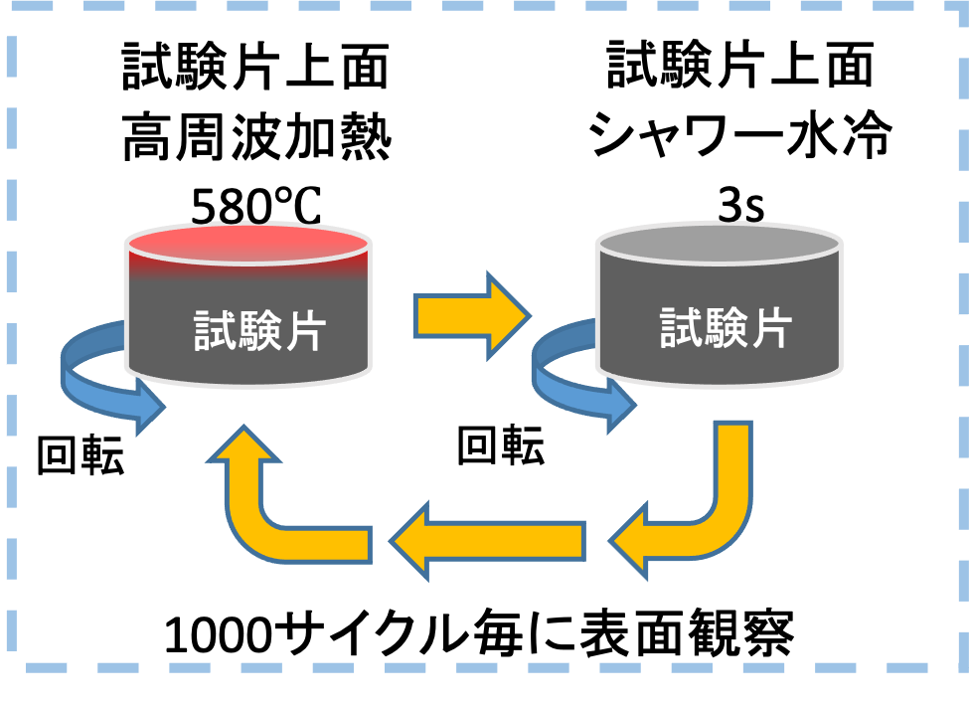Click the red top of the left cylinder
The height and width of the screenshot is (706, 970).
click(x=247, y=243)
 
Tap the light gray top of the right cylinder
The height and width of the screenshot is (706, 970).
click(x=719, y=242)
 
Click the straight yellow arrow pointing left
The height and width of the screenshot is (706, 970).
click(x=487, y=541)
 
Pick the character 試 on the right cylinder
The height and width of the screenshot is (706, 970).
click(x=682, y=326)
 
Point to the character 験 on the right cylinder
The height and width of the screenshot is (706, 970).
click(x=726, y=326)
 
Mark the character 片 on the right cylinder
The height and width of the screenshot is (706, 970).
click(x=770, y=326)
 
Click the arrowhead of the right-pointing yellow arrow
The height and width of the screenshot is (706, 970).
click(x=507, y=316)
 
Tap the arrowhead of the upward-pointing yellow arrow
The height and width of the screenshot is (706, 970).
click(x=242, y=447)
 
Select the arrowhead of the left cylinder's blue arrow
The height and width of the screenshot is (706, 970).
click(x=149, y=406)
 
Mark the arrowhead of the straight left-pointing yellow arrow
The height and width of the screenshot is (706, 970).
click(x=412, y=541)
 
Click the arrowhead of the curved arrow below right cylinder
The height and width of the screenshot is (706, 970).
click(x=631, y=541)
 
